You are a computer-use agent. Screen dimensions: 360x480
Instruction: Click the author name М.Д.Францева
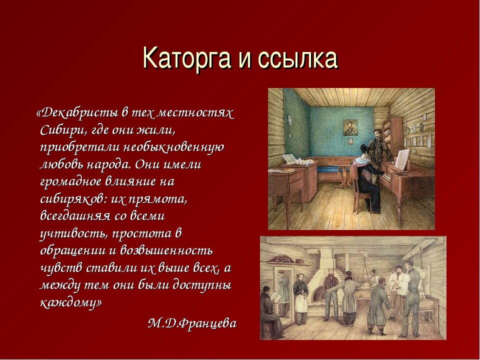click(192, 323)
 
